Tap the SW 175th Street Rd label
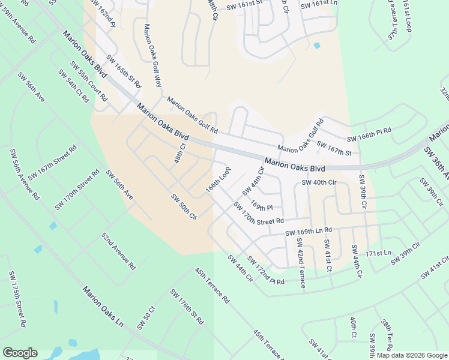[17, 299]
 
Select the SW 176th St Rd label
[187, 307]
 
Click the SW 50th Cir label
[184, 206]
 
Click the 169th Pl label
[262, 205]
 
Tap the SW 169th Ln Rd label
[309, 232]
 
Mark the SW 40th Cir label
[319, 182]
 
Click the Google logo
[20, 353]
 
